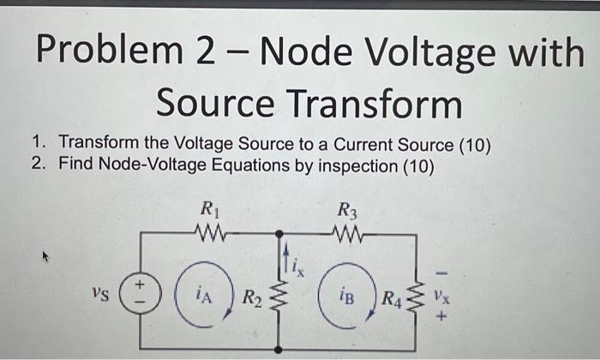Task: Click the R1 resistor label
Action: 208,208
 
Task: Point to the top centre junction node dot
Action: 279,233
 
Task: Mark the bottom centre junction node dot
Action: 279,349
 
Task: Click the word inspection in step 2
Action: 351,165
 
